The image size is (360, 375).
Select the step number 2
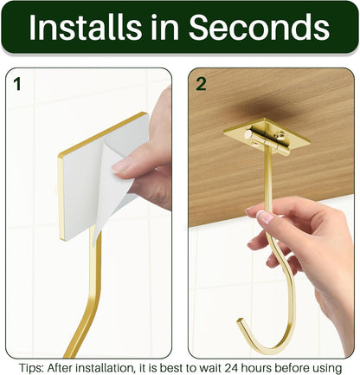(202, 84)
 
